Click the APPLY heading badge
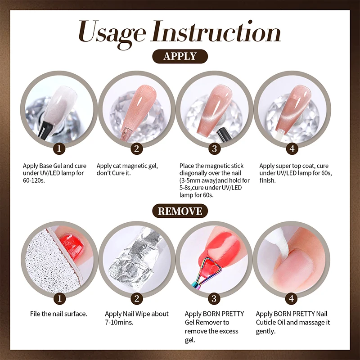(x=180, y=56)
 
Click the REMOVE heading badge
(x=180, y=211)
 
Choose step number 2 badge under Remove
(x=137, y=298)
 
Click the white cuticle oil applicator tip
(x=280, y=238)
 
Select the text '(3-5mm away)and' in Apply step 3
(x=203, y=180)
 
